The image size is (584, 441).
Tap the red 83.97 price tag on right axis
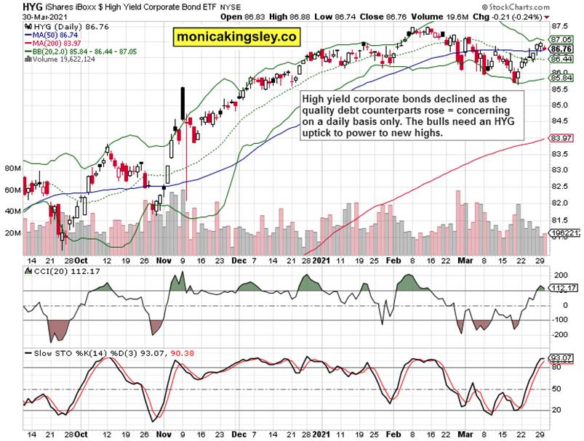pos(560,138)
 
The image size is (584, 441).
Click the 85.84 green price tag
pos(560,78)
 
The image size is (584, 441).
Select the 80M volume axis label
pos(12,168)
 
